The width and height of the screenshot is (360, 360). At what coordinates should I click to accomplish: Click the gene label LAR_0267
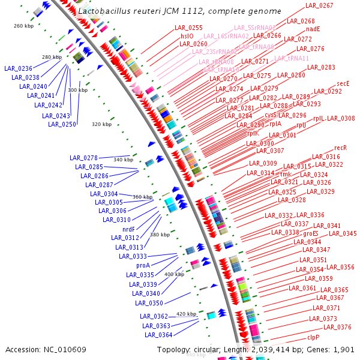point(319,5)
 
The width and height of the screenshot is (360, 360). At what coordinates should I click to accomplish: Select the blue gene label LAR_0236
point(18,68)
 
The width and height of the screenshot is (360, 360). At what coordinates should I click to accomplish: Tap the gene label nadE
point(313,29)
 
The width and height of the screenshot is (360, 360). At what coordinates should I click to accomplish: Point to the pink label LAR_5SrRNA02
point(254,28)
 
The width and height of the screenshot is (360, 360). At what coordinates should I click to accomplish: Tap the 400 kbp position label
point(174,274)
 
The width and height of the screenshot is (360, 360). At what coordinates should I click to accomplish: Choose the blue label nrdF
point(128,229)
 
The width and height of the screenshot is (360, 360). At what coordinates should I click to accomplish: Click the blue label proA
point(143,265)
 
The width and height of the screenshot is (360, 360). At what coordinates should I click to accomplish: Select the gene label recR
point(341,147)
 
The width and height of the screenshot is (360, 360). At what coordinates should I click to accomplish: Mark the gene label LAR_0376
point(337,327)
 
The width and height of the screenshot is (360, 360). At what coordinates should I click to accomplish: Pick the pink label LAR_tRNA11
point(292,58)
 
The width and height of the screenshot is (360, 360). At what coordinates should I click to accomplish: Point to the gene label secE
point(343,83)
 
